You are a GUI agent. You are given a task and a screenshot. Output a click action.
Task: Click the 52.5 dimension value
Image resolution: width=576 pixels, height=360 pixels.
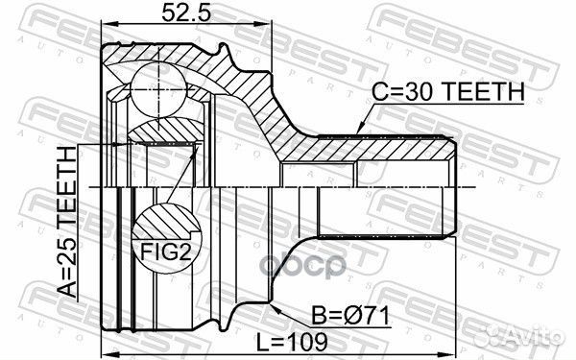[186, 12]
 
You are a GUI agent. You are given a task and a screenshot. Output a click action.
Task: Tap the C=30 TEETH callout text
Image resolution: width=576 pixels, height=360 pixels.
[448, 91]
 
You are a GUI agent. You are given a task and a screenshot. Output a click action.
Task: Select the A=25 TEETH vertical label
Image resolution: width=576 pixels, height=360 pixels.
[67, 222]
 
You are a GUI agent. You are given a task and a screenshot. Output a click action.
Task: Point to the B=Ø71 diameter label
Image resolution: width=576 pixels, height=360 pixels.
[350, 316]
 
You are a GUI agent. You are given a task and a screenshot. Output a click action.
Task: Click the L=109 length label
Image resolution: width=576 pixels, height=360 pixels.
[292, 343]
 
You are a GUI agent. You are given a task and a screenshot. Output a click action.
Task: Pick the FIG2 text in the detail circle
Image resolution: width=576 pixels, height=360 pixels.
[166, 252]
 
